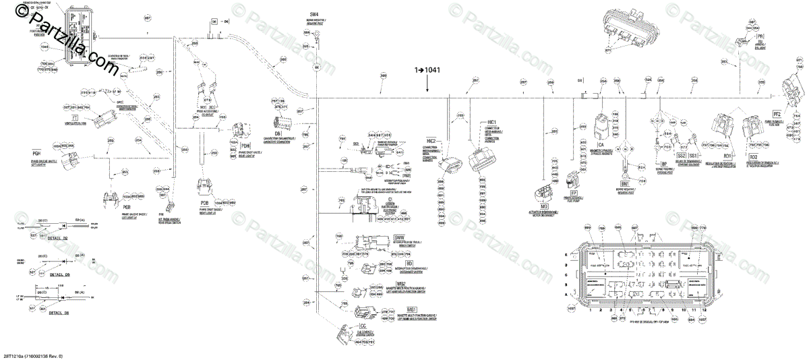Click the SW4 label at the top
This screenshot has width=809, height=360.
(313, 14)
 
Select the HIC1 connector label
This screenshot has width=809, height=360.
(491, 123)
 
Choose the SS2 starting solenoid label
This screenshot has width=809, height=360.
(678, 155)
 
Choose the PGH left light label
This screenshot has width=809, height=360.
(37, 154)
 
